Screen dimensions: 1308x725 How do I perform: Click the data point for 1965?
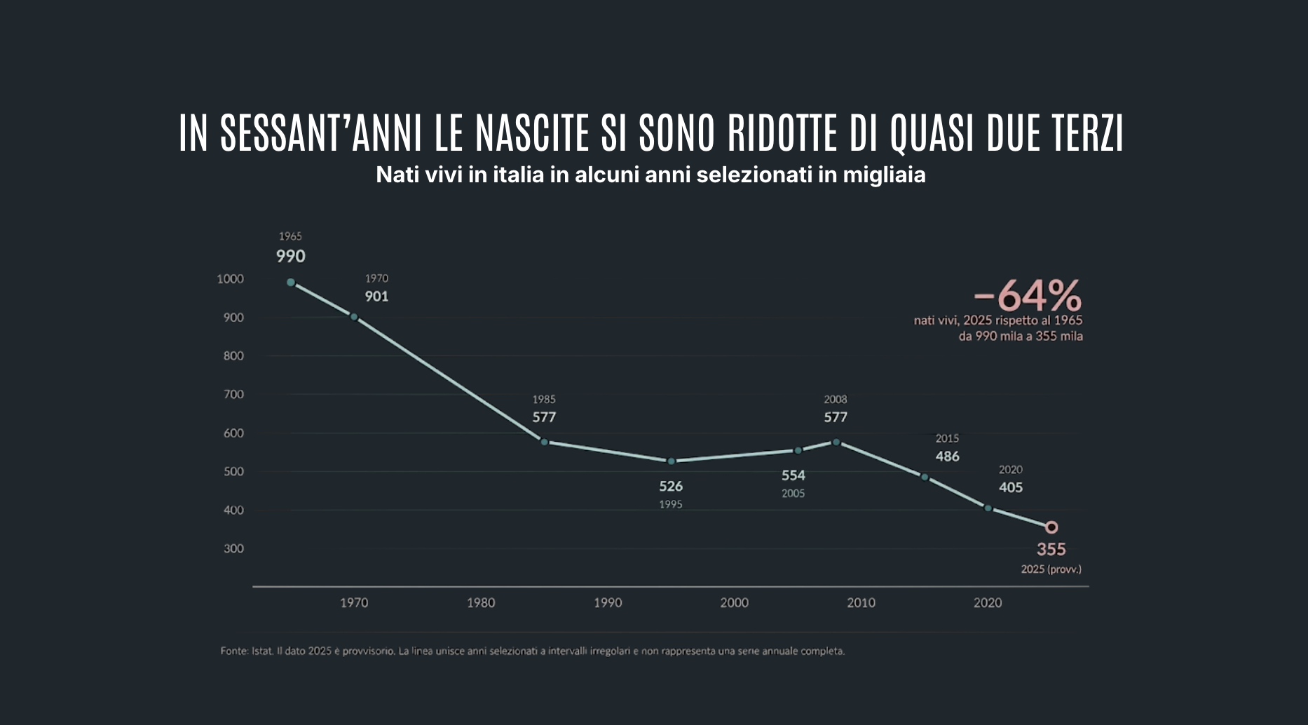click(291, 283)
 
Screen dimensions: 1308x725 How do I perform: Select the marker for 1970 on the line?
click(354, 317)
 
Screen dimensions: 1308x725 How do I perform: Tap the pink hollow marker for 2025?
click(1051, 527)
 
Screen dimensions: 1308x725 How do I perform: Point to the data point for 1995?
click(671, 461)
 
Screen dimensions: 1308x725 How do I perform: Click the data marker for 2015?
click(925, 477)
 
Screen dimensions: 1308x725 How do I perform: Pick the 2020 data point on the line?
click(988, 508)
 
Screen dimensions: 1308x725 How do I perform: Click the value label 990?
click(291, 257)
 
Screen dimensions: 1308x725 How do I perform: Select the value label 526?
click(671, 486)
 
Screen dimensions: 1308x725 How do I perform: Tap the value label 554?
click(793, 475)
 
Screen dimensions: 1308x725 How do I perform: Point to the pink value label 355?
click(1051, 550)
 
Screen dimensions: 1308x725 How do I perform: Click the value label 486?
click(948, 456)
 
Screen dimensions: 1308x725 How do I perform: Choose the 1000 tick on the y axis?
click(231, 279)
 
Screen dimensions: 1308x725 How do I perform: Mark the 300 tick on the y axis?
click(234, 549)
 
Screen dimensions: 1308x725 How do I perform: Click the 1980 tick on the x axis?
click(481, 603)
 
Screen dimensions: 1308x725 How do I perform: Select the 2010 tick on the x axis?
click(861, 603)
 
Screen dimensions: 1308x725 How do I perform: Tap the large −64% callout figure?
click(1028, 295)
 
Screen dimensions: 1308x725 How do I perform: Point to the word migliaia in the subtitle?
click(885, 175)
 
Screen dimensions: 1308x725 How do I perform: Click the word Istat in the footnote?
click(261, 651)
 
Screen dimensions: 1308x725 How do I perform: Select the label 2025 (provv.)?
click(1051, 569)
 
